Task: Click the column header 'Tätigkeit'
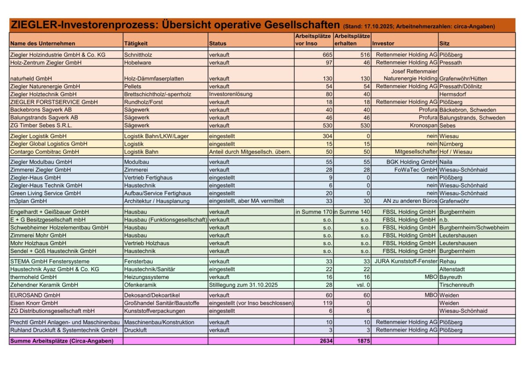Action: click(136, 44)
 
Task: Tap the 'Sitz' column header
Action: click(444, 44)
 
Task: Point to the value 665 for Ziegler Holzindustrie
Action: click(325, 55)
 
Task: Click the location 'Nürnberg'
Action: click(452, 144)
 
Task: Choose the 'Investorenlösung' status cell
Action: click(229, 94)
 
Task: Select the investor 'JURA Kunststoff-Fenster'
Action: click(405, 261)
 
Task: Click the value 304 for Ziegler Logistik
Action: click(327, 136)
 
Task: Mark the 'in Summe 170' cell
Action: click(313, 212)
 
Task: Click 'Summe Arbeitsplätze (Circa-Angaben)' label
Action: click(62, 341)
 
